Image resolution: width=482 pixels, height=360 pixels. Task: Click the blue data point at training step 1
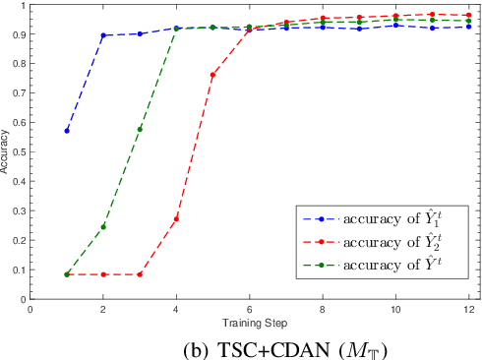click(x=67, y=131)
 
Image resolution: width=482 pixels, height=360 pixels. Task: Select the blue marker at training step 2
click(x=103, y=35)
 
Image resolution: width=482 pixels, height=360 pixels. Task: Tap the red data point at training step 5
click(x=212, y=75)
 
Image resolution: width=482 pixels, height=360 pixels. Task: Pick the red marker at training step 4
click(x=176, y=218)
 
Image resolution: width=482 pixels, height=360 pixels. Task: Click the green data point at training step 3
click(x=140, y=129)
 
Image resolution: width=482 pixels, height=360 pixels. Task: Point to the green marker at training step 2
click(x=103, y=226)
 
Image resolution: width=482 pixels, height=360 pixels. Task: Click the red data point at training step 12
click(x=468, y=16)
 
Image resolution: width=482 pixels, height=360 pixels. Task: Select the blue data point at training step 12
click(x=468, y=27)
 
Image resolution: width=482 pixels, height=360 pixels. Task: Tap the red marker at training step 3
click(x=140, y=274)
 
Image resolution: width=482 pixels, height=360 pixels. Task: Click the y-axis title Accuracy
click(x=7, y=152)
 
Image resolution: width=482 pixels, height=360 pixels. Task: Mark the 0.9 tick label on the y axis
click(x=18, y=35)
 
